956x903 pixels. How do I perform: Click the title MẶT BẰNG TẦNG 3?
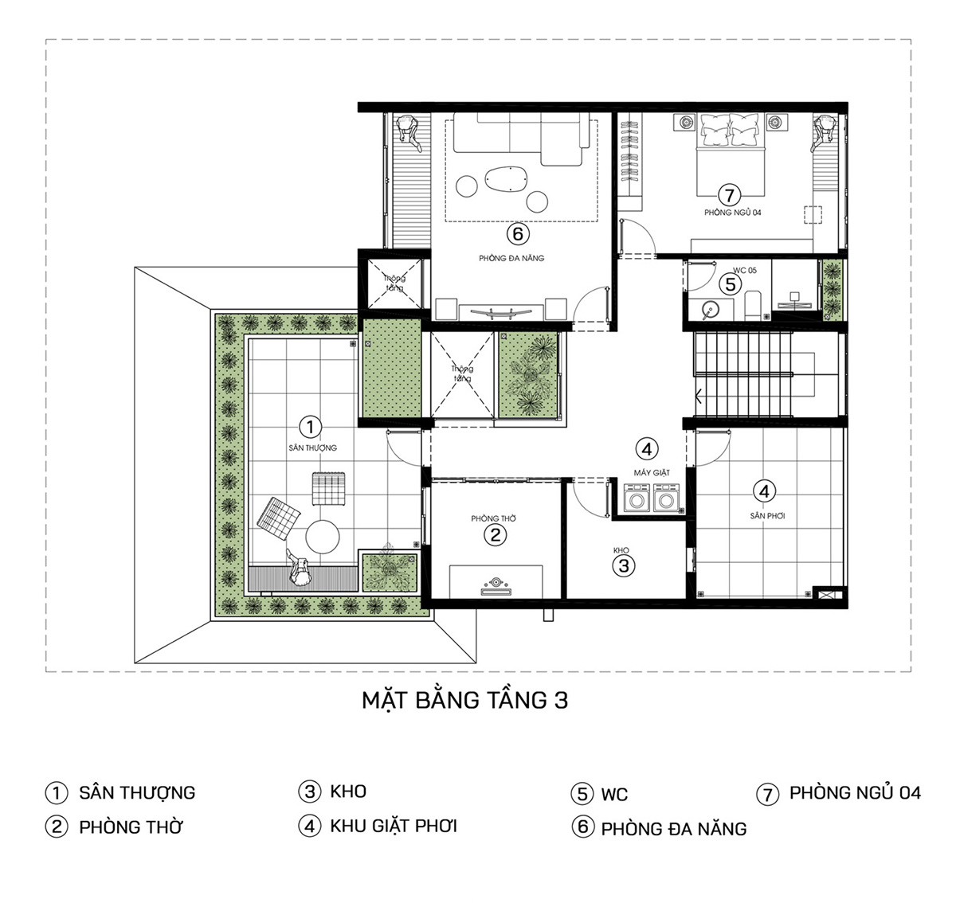[x=465, y=701]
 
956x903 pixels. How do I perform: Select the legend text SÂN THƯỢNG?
[x=137, y=793]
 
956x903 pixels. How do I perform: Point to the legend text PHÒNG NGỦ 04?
[x=855, y=793]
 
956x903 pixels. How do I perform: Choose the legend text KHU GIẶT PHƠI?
[x=394, y=826]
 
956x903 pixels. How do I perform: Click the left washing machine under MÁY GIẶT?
[x=637, y=501]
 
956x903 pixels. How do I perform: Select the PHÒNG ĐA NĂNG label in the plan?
[x=511, y=258]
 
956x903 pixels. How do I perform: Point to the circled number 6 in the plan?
[x=517, y=234]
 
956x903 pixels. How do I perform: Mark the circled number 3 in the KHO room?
[x=623, y=566]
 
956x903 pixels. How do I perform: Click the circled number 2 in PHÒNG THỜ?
[x=495, y=535]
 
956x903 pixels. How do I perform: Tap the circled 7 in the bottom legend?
[x=767, y=794]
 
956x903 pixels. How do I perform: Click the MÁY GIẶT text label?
[x=652, y=473]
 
